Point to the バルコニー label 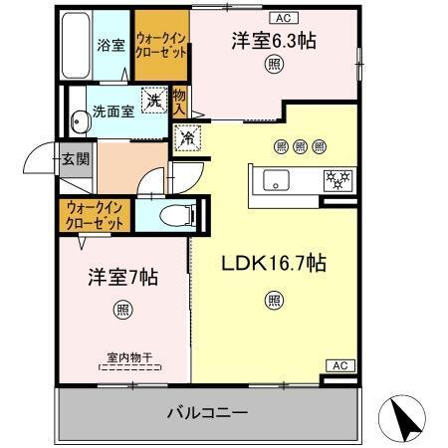(206, 411)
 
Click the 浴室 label (111, 45)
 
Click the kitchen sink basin (276, 180)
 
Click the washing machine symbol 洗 (152, 100)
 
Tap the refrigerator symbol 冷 (186, 138)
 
